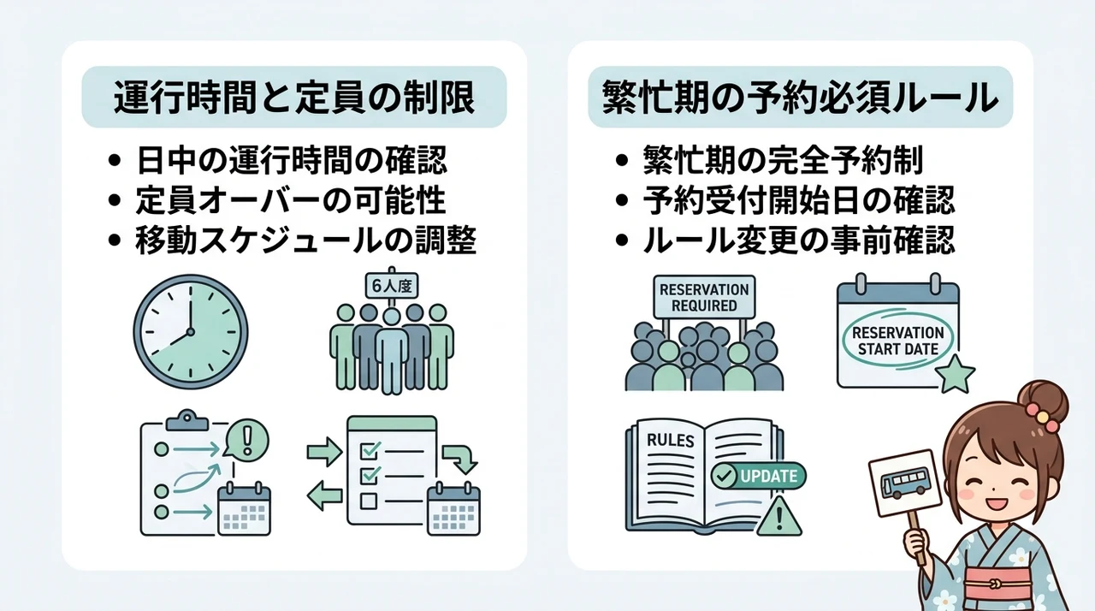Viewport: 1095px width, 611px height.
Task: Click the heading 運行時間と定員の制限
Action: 294,98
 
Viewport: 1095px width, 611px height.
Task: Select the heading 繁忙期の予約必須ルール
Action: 800,98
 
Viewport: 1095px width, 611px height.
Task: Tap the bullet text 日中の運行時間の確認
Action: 292,160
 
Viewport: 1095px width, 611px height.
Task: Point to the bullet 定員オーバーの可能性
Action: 291,200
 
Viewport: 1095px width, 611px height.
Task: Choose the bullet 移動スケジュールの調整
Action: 306,240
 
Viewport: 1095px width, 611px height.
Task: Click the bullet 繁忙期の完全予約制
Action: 783,160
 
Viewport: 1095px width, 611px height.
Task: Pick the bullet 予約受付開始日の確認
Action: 799,200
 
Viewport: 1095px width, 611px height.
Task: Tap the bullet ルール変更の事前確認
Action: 799,240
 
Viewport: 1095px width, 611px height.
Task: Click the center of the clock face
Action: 191,332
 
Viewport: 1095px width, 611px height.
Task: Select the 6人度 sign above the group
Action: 392,286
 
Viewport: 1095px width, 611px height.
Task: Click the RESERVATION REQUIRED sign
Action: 704,297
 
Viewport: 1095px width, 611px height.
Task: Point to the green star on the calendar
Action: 955,374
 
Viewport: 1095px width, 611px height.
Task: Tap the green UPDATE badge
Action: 758,476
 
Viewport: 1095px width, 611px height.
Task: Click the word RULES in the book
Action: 670,441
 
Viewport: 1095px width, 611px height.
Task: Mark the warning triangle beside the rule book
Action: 779,516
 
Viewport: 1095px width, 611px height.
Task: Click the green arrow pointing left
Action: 324,495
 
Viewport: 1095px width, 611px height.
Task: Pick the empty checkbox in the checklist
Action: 369,501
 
